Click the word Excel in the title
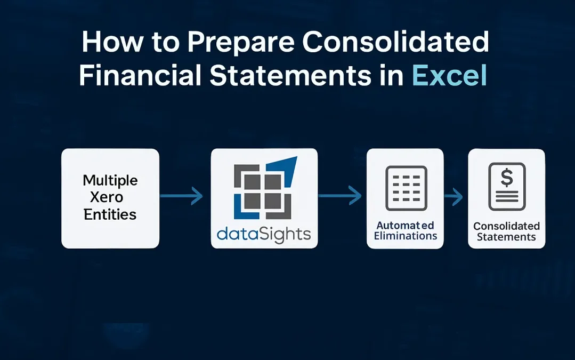pyautogui.click(x=449, y=75)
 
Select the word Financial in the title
pyautogui.click(x=140, y=75)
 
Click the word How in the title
pyautogui.click(x=109, y=42)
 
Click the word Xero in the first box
pyautogui.click(x=110, y=197)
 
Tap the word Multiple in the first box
pyautogui.click(x=110, y=180)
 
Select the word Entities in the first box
pyautogui.click(x=110, y=214)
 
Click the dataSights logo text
pyautogui.click(x=264, y=234)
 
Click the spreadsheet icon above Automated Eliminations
pyautogui.click(x=405, y=188)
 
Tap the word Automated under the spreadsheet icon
pyautogui.click(x=405, y=225)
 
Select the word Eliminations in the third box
pyautogui.click(x=405, y=236)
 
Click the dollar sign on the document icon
pyautogui.click(x=506, y=178)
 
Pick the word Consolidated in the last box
pyautogui.click(x=506, y=226)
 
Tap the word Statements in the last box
pyautogui.click(x=506, y=237)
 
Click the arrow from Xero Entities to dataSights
pyautogui.click(x=182, y=197)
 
